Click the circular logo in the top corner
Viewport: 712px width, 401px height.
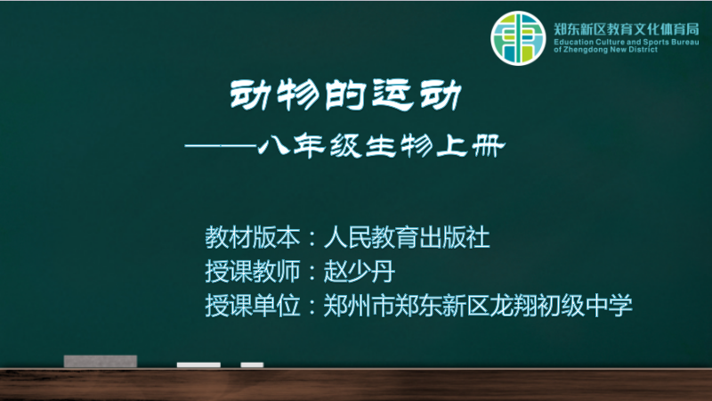[x=518, y=38]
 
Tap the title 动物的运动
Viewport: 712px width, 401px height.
[x=346, y=95]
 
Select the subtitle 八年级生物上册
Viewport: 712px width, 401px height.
[x=382, y=146]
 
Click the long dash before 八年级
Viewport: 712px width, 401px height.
[x=221, y=146]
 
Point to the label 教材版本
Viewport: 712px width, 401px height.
[x=253, y=237]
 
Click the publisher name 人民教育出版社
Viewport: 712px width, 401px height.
[x=407, y=237]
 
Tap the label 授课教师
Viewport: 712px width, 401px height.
[x=253, y=272]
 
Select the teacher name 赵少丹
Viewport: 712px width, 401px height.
[x=360, y=272]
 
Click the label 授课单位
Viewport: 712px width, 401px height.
[x=253, y=305]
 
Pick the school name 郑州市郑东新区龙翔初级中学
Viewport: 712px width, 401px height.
[x=478, y=305]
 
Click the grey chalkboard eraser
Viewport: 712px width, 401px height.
[x=101, y=362]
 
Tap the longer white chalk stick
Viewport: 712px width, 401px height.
[x=198, y=365]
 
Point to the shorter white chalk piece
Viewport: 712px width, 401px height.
[x=252, y=365]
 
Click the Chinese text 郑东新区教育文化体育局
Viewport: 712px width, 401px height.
[x=627, y=29]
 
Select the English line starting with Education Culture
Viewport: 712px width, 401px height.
[x=627, y=42]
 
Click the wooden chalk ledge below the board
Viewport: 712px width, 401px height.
[x=356, y=385]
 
